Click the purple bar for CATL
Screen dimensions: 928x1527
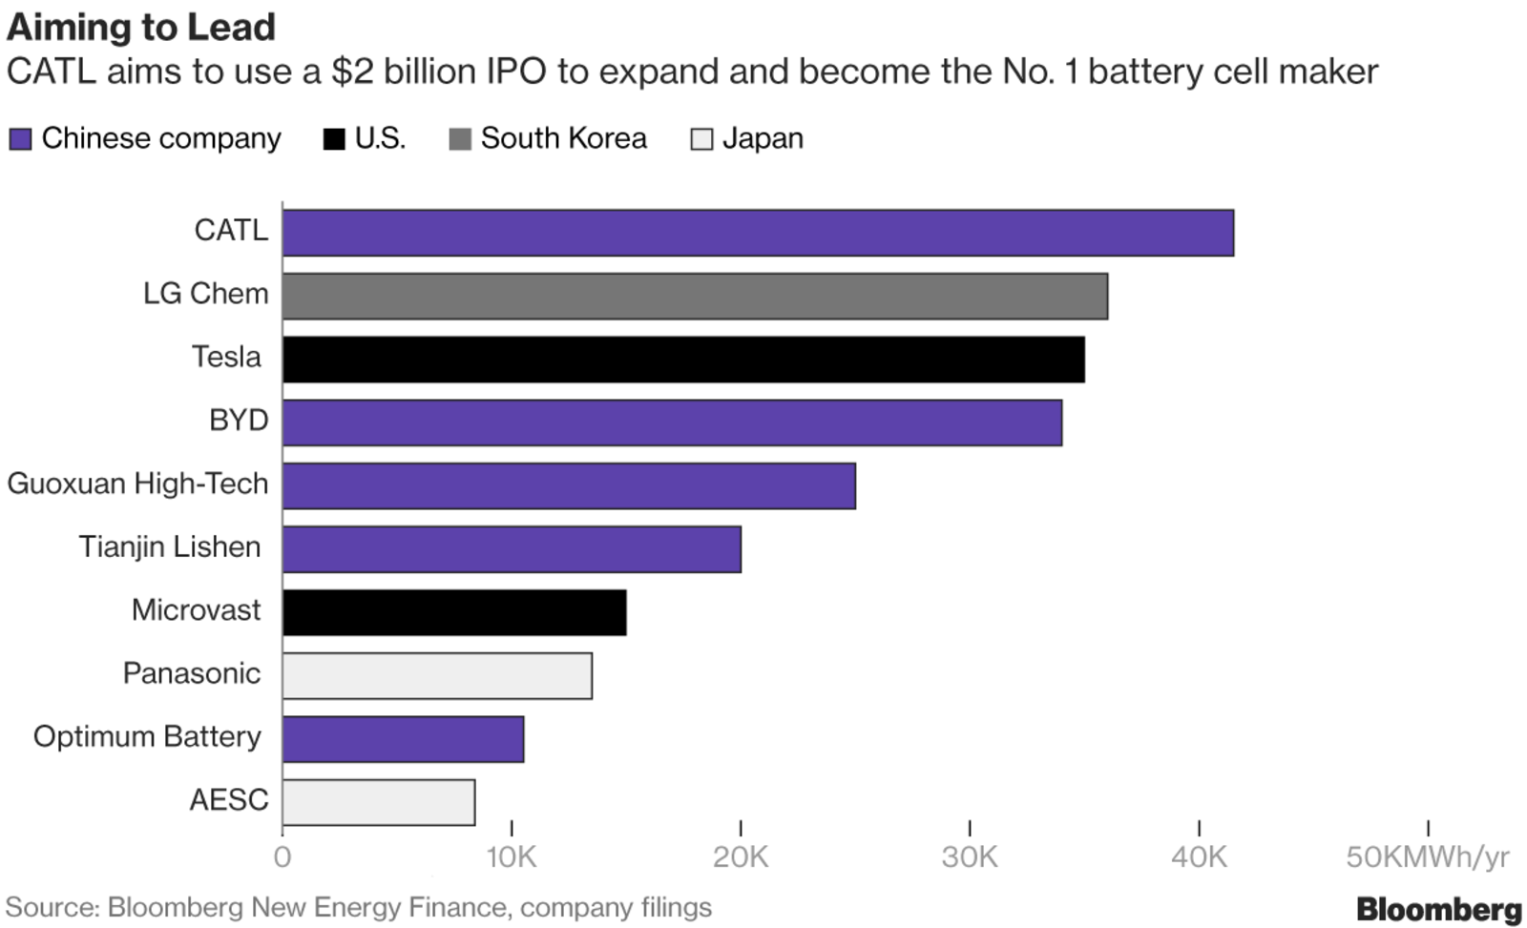[x=758, y=233]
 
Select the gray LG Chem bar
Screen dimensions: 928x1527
[x=695, y=296]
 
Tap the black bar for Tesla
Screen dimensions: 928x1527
[x=683, y=360]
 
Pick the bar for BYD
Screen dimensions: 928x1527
[x=672, y=423]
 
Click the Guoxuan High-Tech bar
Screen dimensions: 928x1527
[x=569, y=485]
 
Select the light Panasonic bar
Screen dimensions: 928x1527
[x=437, y=675]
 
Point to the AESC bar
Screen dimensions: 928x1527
[x=379, y=802]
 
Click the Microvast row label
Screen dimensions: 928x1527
[x=196, y=610]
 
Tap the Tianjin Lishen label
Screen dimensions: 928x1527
[x=169, y=547]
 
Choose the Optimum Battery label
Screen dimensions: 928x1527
[x=147, y=737]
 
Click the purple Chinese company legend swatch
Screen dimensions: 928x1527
[x=20, y=139]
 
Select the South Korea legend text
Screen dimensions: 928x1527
[x=563, y=139]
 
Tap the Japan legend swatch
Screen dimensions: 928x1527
[x=701, y=139]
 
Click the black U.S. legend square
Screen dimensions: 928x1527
[x=334, y=139]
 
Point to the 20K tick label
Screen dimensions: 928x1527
[x=740, y=857]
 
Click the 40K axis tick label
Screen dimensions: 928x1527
[x=1198, y=857]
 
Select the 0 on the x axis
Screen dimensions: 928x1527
[x=282, y=857]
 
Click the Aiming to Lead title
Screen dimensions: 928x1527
[x=141, y=27]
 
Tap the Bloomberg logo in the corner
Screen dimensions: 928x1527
[x=1438, y=908]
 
